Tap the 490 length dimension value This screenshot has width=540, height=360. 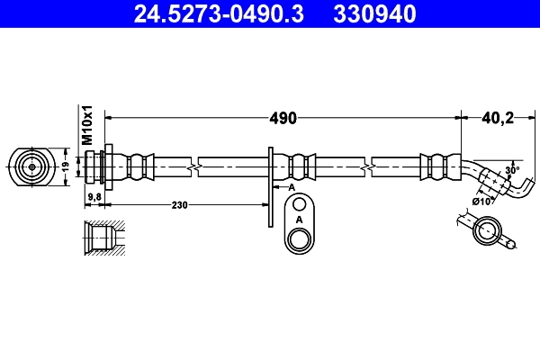click(284, 118)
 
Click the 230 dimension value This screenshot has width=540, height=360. click(180, 205)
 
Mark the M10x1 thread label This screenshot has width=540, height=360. click(88, 126)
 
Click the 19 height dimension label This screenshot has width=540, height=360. click(66, 166)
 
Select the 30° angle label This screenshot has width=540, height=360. click(512, 170)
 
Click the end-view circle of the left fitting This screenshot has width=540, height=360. click(31, 166)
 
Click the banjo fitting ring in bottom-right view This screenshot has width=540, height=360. click(485, 232)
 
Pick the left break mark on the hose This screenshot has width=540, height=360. click(193, 166)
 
